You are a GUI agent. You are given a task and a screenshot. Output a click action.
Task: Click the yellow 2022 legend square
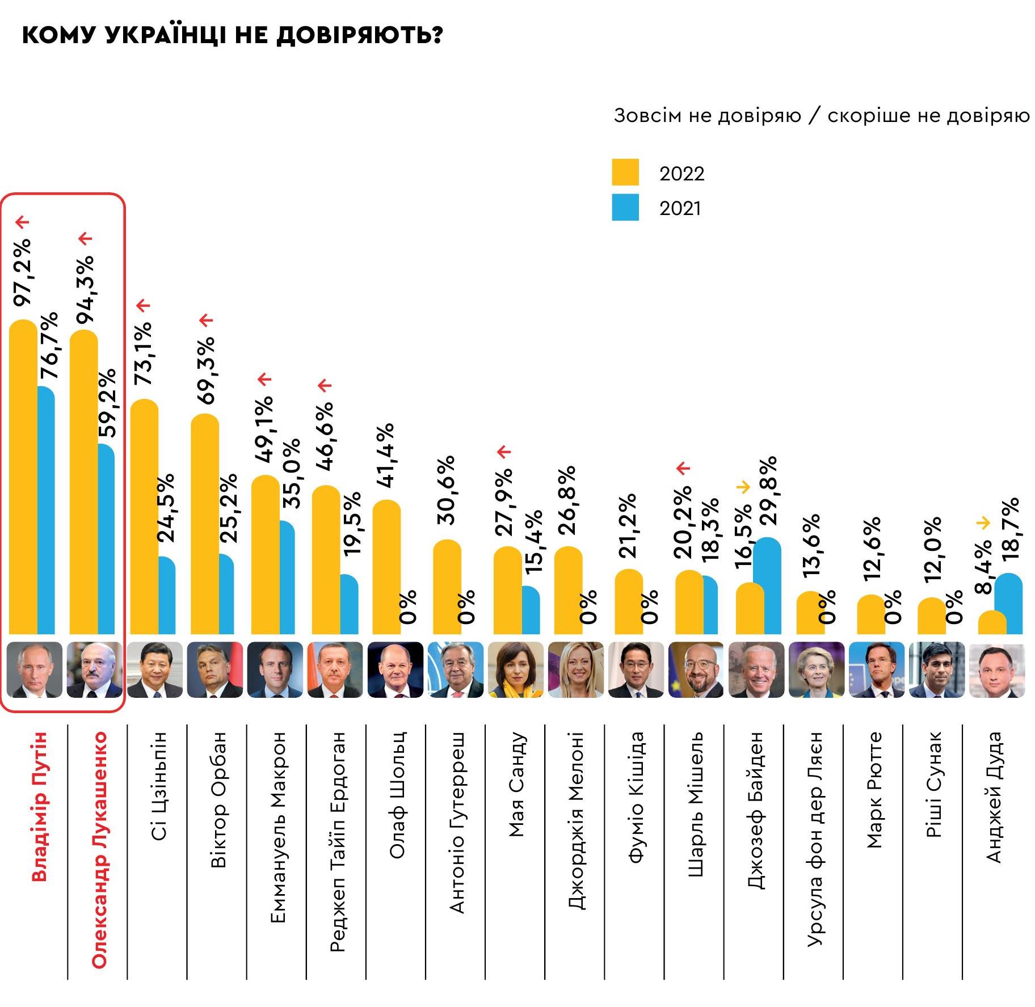[625, 172]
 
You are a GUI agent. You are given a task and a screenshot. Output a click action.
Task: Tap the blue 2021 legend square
[625, 207]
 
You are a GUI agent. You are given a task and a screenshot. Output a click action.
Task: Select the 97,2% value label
[23, 272]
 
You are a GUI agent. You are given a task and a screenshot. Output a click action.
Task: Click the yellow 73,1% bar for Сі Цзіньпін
[144, 516]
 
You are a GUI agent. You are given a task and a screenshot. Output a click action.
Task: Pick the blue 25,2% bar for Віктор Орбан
[226, 594]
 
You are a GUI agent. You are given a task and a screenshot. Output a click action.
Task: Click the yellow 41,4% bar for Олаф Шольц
[386, 567]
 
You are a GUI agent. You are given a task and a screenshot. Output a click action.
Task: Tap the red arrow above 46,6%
[324, 386]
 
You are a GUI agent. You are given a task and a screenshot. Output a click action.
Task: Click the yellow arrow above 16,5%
[743, 487]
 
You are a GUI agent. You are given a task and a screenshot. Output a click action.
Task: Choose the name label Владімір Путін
[38, 806]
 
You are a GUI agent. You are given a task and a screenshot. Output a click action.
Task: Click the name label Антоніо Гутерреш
[457, 823]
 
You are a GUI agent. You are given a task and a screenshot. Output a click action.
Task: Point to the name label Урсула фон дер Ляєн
[814, 839]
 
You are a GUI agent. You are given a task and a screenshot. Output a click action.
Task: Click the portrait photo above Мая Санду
[515, 669]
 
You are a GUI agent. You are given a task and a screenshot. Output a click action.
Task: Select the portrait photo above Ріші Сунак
[936, 669]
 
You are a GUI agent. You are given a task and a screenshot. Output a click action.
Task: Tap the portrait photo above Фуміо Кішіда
[636, 669]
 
